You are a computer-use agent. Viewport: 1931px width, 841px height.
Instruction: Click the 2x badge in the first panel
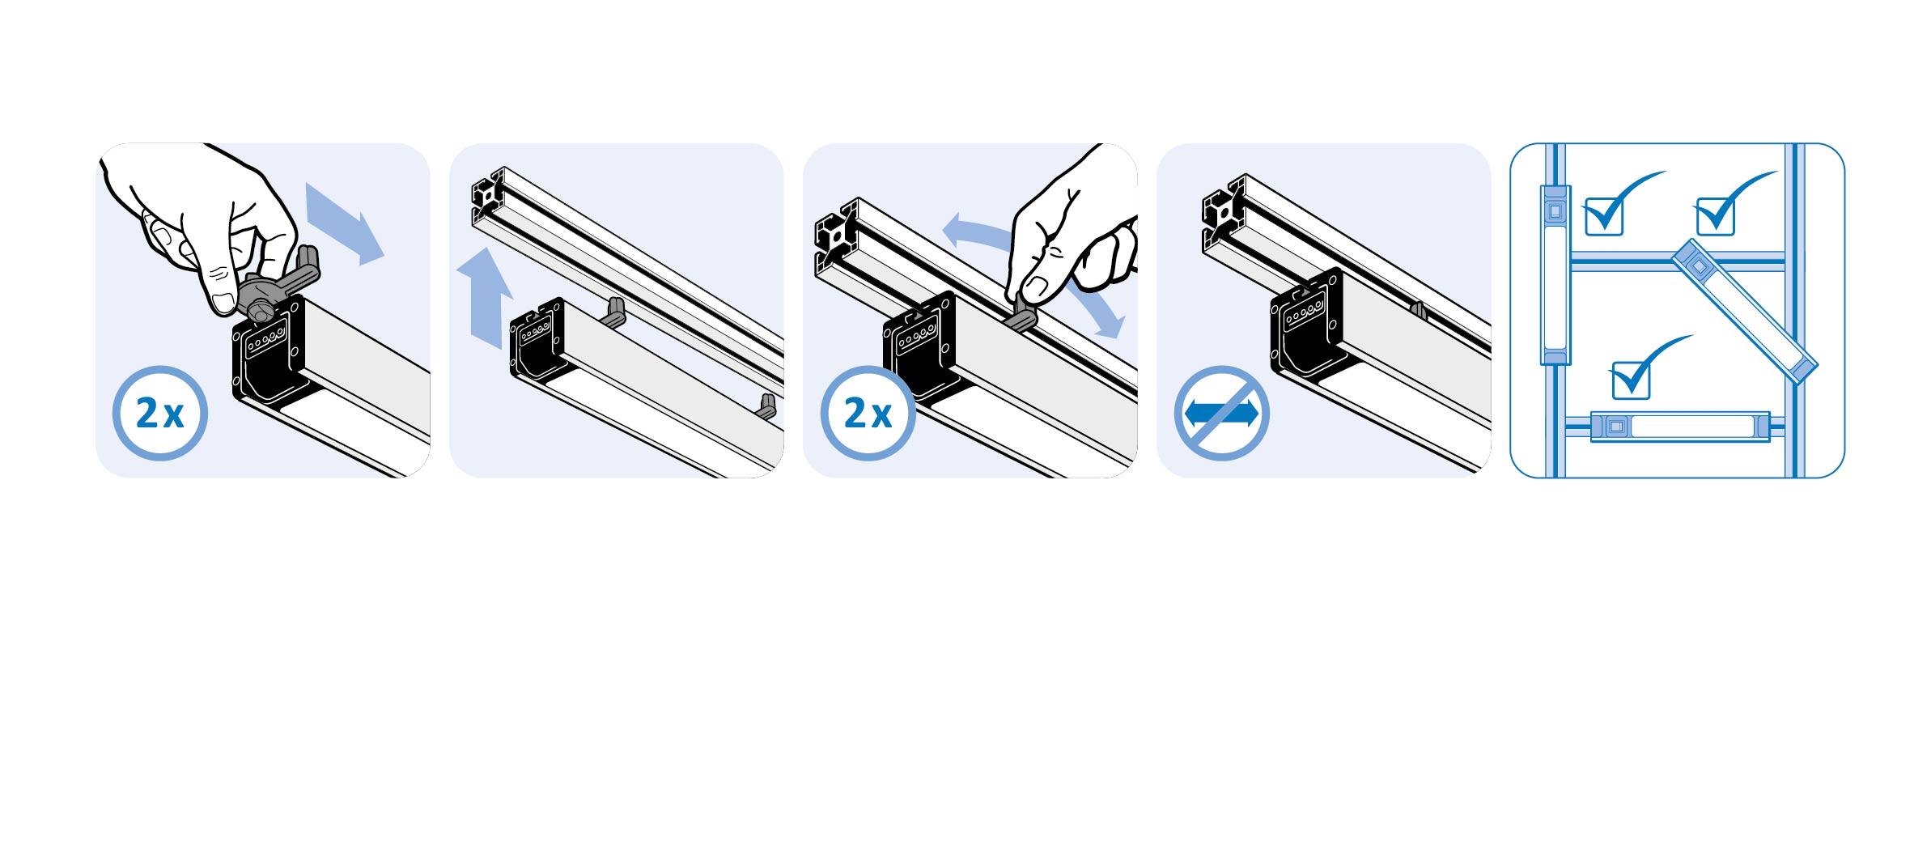(x=159, y=414)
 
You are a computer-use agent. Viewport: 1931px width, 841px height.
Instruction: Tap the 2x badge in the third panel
(x=868, y=414)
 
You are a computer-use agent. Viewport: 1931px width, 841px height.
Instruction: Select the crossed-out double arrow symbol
(x=1221, y=414)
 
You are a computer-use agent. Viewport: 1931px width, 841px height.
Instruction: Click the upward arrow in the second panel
(x=484, y=298)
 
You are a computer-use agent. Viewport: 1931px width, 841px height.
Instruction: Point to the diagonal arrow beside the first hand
(x=344, y=223)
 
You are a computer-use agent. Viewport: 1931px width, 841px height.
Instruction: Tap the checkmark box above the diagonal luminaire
(x=1724, y=206)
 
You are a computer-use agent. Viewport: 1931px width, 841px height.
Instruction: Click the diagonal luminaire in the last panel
(x=1745, y=311)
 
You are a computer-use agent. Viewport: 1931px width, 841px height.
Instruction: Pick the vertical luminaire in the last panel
(x=1555, y=275)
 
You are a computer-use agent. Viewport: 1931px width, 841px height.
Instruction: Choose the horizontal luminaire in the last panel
(x=1680, y=427)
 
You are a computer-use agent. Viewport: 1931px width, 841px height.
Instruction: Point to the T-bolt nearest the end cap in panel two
(x=613, y=312)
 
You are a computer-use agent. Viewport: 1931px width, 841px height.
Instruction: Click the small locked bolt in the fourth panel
(x=1417, y=310)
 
